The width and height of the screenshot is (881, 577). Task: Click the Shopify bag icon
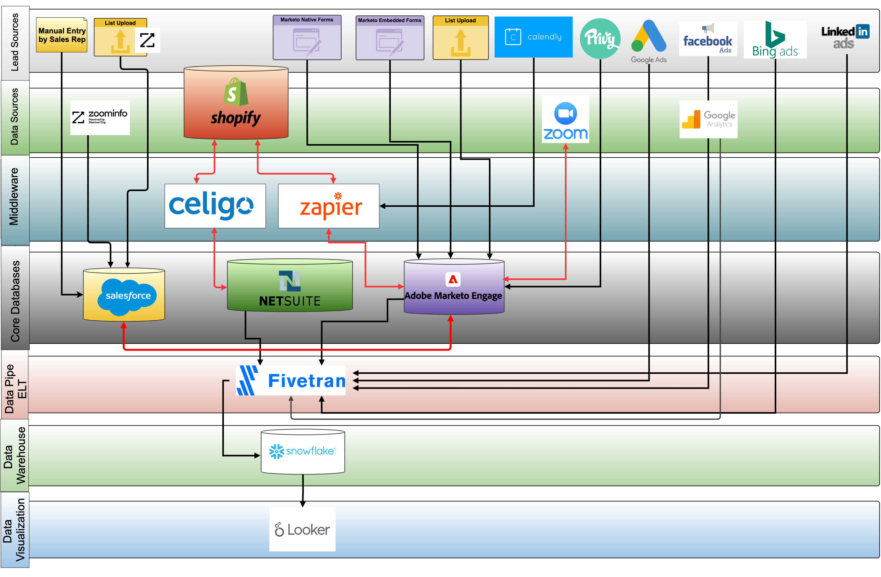(236, 92)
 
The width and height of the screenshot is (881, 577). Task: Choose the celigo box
(215, 206)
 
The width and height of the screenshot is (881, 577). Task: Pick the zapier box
(329, 206)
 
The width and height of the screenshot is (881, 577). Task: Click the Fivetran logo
(291, 381)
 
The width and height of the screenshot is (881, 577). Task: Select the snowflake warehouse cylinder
(303, 452)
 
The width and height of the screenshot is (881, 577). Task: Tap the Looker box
(302, 529)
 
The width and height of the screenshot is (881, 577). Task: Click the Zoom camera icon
(565, 113)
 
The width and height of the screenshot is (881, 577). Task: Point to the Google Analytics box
(708, 119)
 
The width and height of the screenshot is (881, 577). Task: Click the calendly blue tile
(533, 37)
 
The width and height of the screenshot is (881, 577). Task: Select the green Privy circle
(600, 38)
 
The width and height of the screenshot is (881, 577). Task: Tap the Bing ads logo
(775, 40)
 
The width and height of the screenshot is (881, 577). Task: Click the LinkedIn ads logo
(845, 37)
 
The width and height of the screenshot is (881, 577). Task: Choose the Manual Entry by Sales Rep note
(62, 35)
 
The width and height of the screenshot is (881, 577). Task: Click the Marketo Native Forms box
(307, 38)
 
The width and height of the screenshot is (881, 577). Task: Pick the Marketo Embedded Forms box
(390, 38)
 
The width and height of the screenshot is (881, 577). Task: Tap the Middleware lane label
(15, 196)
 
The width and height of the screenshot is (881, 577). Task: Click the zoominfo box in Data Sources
(100, 118)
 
